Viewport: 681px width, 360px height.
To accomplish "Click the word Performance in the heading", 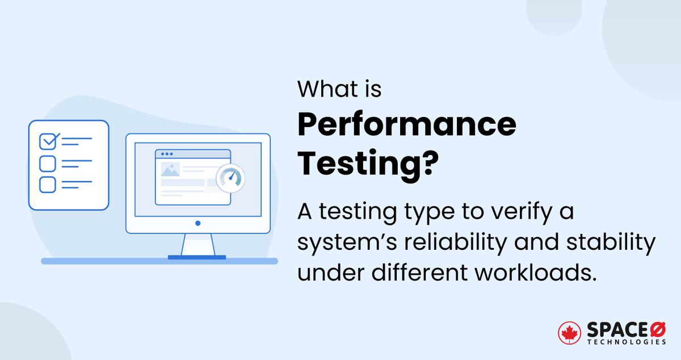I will (407, 125).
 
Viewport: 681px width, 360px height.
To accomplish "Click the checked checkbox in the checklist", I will (48, 140).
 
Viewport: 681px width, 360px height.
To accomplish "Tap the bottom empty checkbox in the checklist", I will (47, 185).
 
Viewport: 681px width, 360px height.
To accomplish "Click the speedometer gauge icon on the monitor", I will (230, 177).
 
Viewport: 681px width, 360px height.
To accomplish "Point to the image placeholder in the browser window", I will (170, 169).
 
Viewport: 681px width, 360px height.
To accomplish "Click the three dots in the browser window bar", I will (167, 154).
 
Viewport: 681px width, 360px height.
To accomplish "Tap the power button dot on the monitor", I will (197, 224).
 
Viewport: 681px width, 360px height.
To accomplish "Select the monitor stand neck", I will (197, 245).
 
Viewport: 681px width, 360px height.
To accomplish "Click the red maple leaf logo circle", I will (569, 333).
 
